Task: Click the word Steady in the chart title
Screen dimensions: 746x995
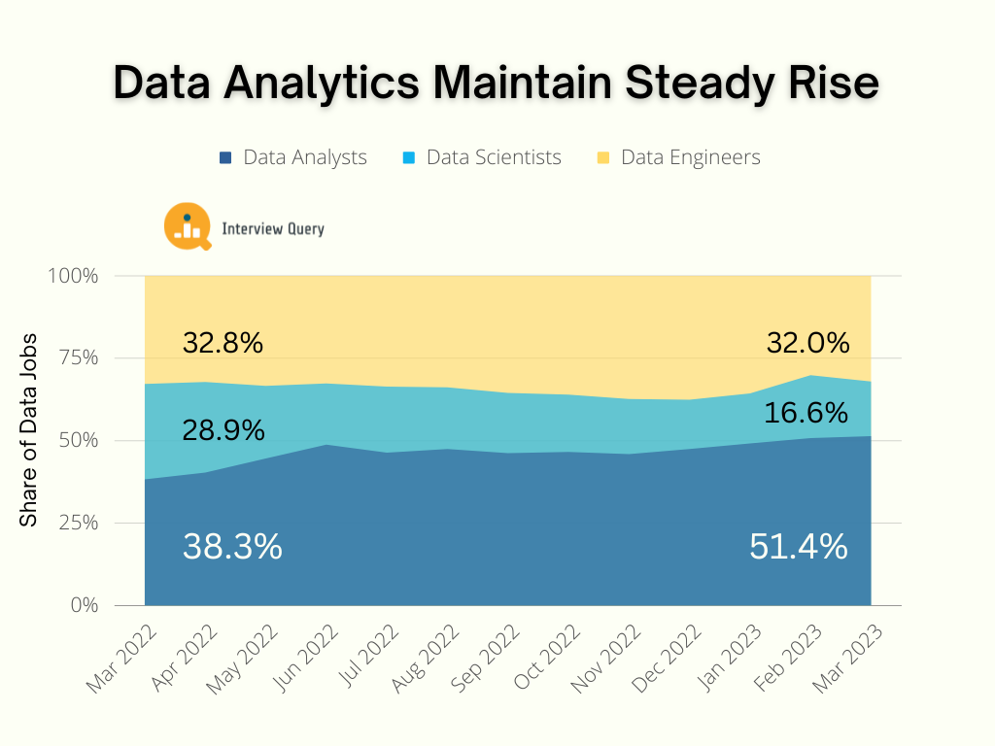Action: pos(689,84)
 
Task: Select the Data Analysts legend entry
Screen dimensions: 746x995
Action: pos(293,157)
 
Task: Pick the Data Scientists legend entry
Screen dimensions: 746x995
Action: pos(482,157)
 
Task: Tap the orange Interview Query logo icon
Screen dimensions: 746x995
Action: pos(188,226)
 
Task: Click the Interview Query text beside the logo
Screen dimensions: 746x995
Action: pos(273,229)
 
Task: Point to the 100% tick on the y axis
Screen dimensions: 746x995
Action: pos(74,276)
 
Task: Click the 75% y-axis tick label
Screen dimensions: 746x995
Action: pos(78,358)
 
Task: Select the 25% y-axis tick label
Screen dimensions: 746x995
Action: pos(78,523)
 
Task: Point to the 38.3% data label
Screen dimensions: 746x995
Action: pos(232,547)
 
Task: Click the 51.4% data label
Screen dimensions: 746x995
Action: pos(798,547)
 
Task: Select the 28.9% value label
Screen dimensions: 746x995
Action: pos(223,429)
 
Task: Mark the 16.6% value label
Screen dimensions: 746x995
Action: pos(806,413)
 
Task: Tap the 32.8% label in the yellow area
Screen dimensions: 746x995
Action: pos(223,343)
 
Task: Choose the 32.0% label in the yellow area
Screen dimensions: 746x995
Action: pos(807,343)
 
